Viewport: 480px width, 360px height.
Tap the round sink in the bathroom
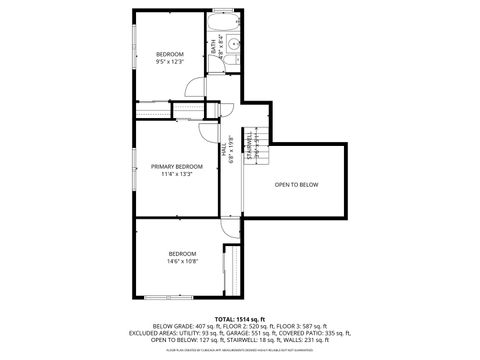pyautogui.click(x=232, y=44)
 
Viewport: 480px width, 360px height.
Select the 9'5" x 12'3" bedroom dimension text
pyautogui.click(x=170, y=63)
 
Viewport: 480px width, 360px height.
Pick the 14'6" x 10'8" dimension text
pyautogui.click(x=183, y=262)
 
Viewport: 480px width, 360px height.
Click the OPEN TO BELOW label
pyautogui.click(x=297, y=185)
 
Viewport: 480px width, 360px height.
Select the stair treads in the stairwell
pyautogui.click(x=260, y=150)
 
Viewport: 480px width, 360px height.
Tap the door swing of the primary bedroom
pyautogui.click(x=208, y=131)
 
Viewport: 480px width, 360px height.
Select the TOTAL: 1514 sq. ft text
pyautogui.click(x=239, y=318)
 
